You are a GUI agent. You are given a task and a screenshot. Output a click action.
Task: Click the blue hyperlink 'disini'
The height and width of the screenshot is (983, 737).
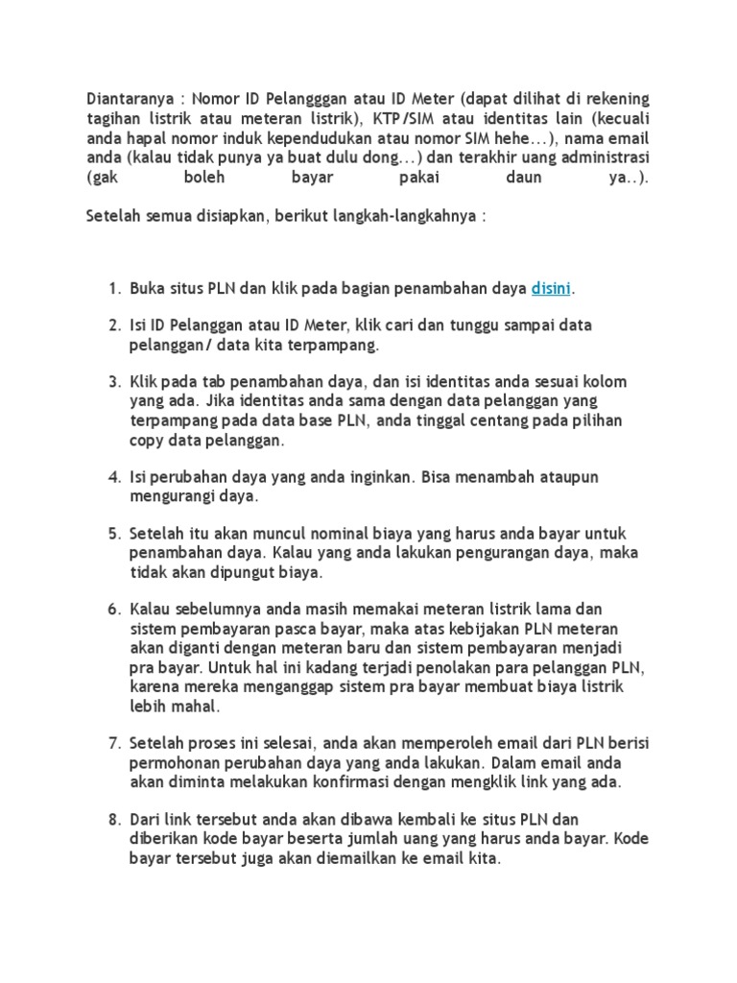point(551,288)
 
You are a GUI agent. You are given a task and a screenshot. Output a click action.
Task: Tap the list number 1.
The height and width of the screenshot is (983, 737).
point(112,288)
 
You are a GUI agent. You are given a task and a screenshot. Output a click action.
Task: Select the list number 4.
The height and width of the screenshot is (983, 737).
point(112,477)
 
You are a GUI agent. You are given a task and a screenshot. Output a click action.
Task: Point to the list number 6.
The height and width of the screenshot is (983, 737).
point(112,610)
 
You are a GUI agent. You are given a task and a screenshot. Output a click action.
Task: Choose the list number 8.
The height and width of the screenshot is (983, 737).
point(112,819)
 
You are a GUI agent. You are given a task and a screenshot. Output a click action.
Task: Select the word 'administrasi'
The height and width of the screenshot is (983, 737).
point(604,157)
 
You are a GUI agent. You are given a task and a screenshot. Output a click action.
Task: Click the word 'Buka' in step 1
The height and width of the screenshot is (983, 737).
point(147,288)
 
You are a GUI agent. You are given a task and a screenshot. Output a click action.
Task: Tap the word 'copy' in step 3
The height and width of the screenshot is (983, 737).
point(148,441)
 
